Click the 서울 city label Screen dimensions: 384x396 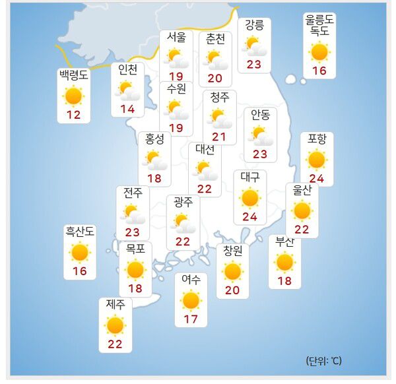coord(176,37)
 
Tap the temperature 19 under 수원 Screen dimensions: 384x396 coord(176,128)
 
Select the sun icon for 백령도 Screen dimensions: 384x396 coord(73,96)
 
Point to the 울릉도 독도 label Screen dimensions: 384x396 coord(319,25)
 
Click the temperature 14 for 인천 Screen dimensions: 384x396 coord(127,109)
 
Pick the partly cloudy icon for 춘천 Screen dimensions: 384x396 coord(215,60)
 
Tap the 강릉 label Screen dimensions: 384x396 coord(254,25)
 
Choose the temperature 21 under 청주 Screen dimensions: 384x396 coord(219,137)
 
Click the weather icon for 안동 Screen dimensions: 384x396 coord(260,135)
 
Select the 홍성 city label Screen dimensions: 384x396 coord(154,139)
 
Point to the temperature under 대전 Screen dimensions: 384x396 coord(205,189)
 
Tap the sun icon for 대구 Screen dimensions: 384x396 coord(250,197)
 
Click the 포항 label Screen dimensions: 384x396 coord(317,139)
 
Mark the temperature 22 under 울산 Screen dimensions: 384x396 coord(302,229)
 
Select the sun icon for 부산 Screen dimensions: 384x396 coord(284,262)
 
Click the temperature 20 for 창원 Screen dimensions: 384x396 coord(232,290)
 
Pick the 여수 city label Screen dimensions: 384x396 coord(191,280)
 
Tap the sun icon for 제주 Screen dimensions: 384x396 coord(115,325)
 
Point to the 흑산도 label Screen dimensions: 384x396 coord(80,231)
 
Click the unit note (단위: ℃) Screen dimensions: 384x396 coord(323,361)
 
